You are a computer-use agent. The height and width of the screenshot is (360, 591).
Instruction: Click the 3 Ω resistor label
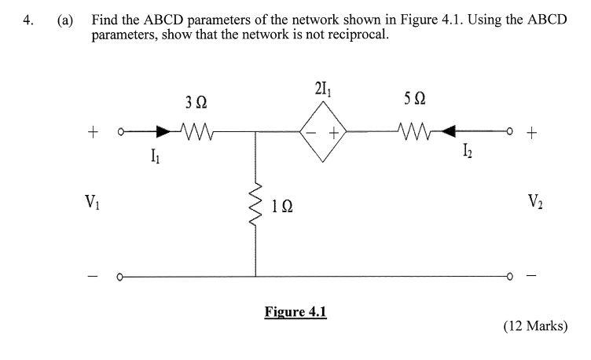click(x=196, y=102)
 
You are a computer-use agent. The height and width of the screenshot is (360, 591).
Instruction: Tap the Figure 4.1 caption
click(x=295, y=311)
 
